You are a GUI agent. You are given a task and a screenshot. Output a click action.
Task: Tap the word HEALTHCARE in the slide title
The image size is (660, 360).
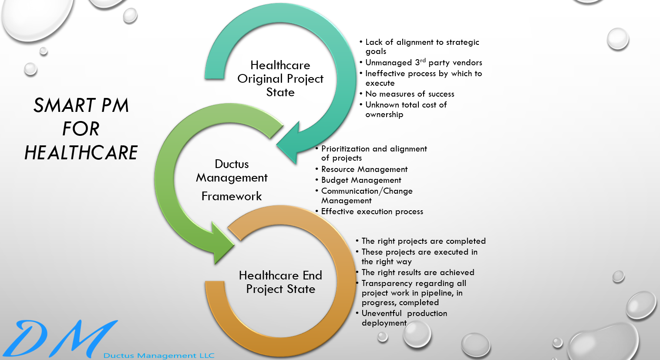click(x=81, y=153)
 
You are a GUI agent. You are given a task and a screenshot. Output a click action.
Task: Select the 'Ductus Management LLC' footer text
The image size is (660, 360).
click(x=159, y=356)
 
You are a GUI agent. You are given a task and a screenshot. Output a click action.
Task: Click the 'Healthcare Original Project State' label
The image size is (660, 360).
click(x=280, y=79)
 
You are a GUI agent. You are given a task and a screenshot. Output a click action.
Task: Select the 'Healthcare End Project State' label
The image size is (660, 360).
click(x=281, y=282)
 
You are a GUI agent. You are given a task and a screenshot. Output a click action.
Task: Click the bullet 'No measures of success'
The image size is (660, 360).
click(x=410, y=94)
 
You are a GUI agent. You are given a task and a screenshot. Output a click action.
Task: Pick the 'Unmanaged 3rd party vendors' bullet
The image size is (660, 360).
click(x=424, y=63)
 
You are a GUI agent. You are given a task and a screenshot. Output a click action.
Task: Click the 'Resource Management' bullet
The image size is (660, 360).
click(x=364, y=169)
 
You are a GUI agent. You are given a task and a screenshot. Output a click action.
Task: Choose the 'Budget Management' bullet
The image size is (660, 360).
click(x=361, y=180)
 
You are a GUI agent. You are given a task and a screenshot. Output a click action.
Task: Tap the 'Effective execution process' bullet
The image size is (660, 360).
click(x=372, y=212)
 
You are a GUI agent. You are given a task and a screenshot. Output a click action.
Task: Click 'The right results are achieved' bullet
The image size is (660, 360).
click(x=418, y=273)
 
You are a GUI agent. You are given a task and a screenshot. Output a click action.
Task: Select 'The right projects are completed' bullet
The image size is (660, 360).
click(x=423, y=241)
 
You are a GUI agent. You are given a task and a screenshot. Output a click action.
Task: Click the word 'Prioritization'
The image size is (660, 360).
click(x=346, y=149)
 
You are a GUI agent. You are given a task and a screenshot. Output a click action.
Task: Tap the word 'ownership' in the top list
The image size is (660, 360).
click(x=384, y=114)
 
